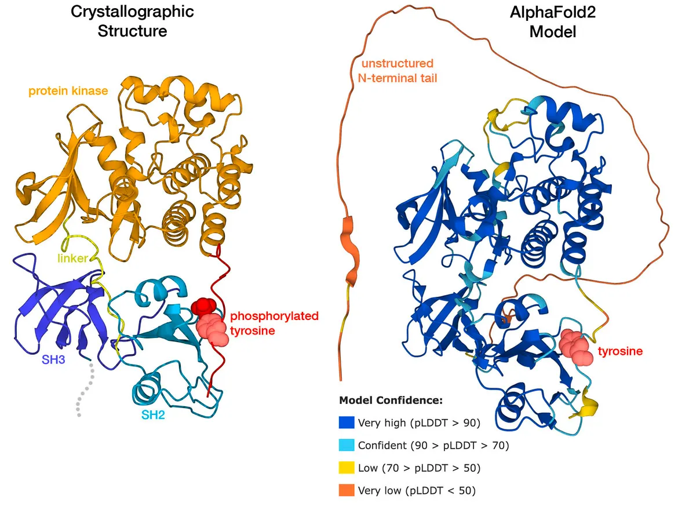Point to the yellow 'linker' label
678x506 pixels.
(72, 259)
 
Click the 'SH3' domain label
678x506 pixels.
(53, 359)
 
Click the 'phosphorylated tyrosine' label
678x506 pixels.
(274, 324)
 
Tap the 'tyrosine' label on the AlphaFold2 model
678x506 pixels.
(621, 351)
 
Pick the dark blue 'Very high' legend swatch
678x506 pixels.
(346, 423)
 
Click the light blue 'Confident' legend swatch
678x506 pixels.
(346, 445)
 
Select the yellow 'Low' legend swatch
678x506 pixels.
(346, 468)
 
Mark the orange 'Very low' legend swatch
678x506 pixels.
(346, 490)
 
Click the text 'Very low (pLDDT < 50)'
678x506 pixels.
(417, 490)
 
